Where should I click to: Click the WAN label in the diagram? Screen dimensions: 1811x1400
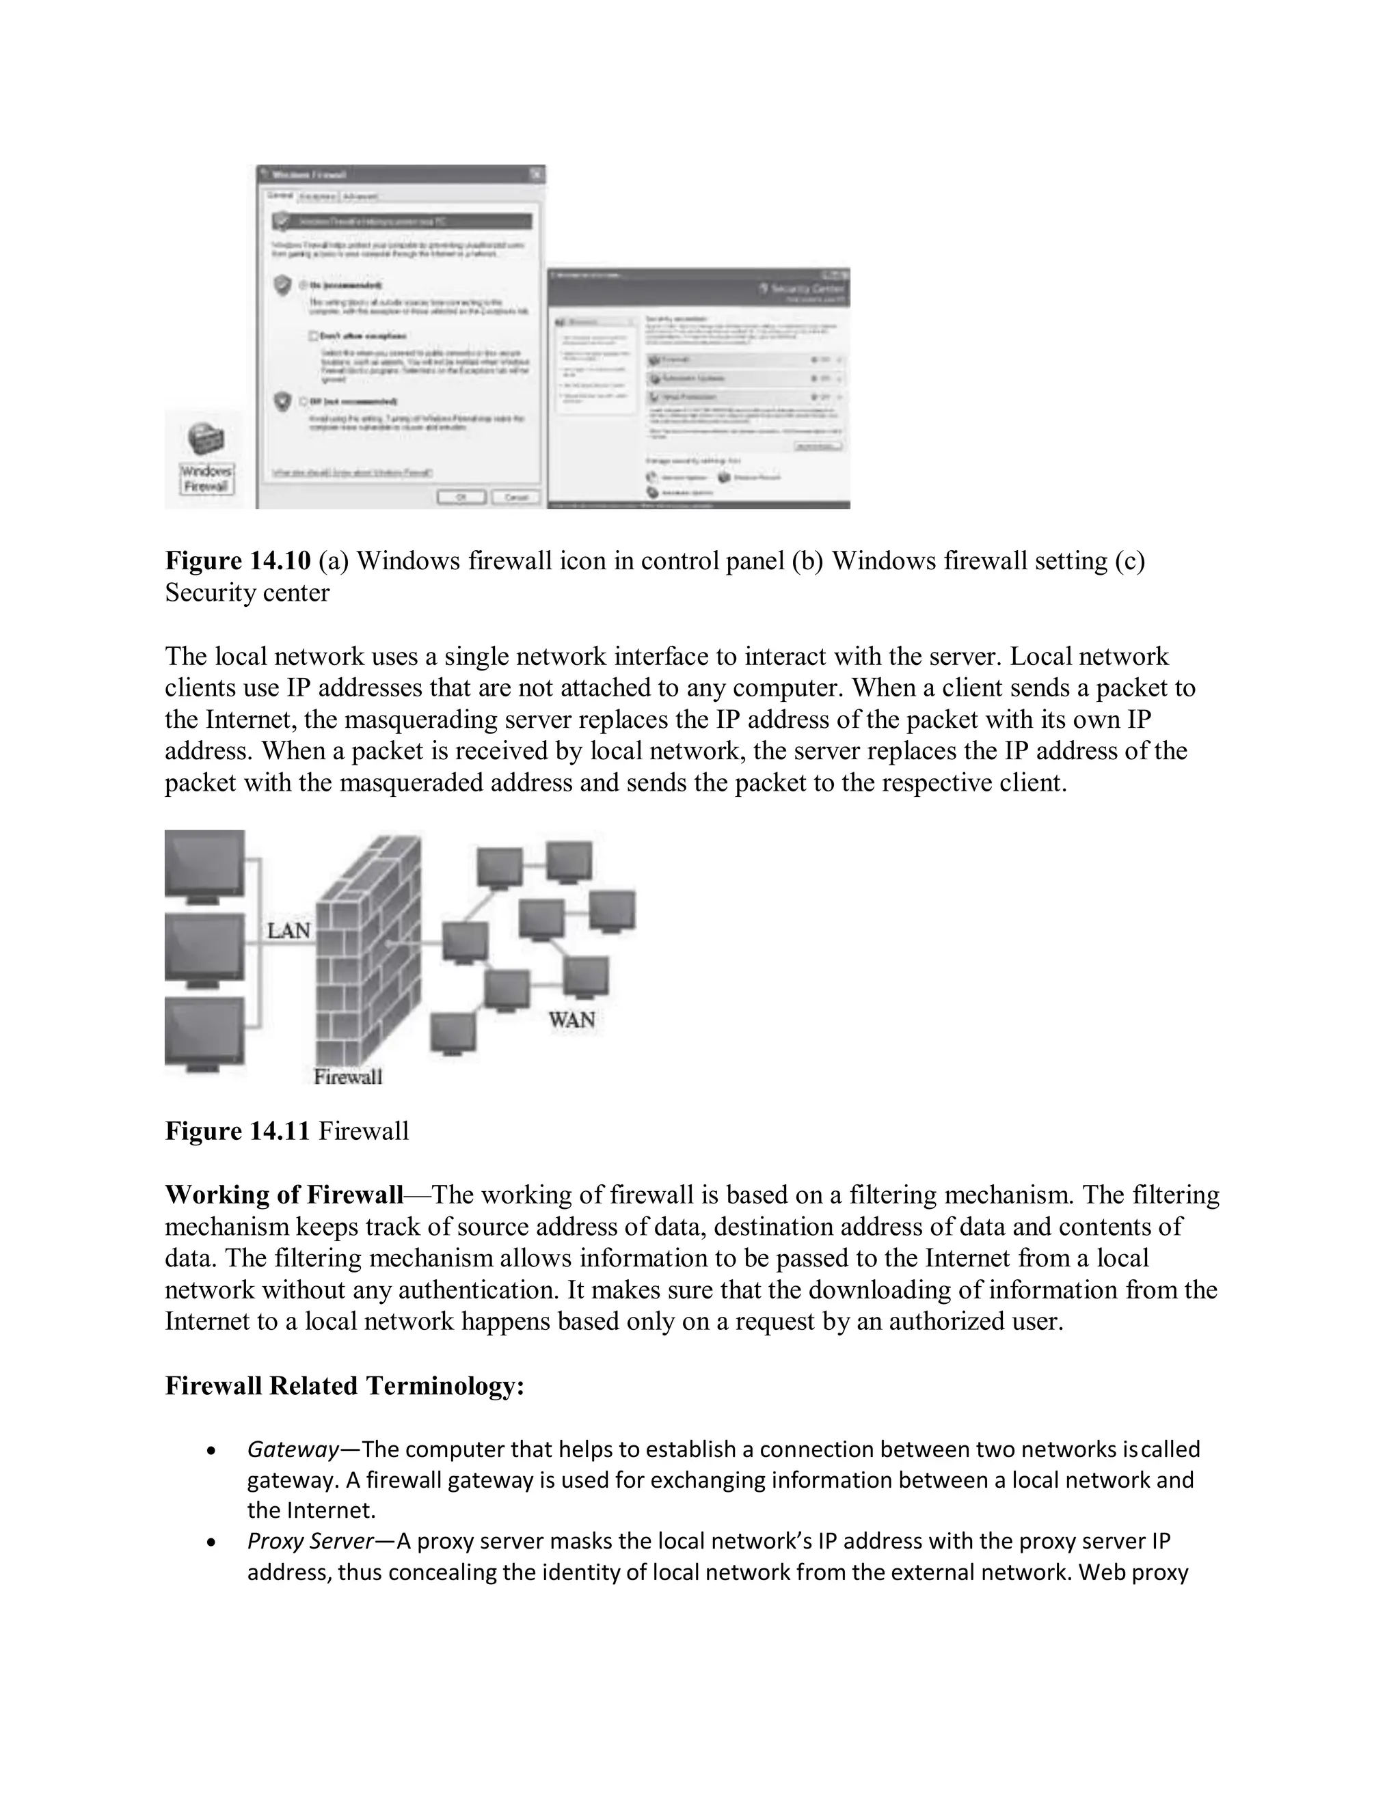coord(571,1020)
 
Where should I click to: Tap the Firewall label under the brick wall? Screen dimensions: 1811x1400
coord(347,1076)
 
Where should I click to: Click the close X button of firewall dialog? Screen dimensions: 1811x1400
coord(537,174)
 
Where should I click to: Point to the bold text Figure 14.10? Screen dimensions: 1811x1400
coord(238,561)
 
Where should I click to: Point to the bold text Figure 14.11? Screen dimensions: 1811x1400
coord(238,1131)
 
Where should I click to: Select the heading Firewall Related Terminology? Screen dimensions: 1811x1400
coord(345,1386)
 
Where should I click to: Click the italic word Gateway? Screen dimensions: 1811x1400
coord(293,1449)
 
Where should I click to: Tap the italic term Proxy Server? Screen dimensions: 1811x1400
coord(310,1540)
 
